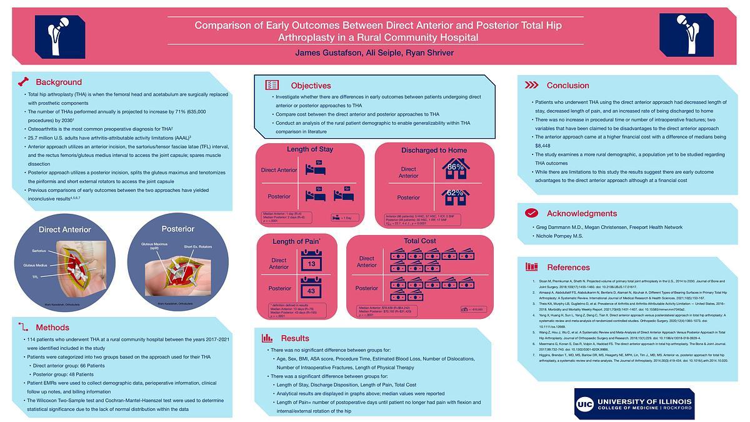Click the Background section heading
click(58, 82)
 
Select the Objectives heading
click(311, 85)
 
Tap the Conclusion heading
click(567, 85)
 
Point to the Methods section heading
click(52, 328)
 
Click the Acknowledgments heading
click(581, 213)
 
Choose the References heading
click(568, 267)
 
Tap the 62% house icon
click(456, 196)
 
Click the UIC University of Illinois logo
click(634, 403)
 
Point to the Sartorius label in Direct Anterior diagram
click(39, 251)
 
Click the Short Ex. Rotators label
click(196, 246)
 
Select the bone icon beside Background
click(23, 81)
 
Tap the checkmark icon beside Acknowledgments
click(532, 213)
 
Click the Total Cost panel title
click(419, 241)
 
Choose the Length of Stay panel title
click(309, 149)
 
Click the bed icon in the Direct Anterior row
click(314, 169)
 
